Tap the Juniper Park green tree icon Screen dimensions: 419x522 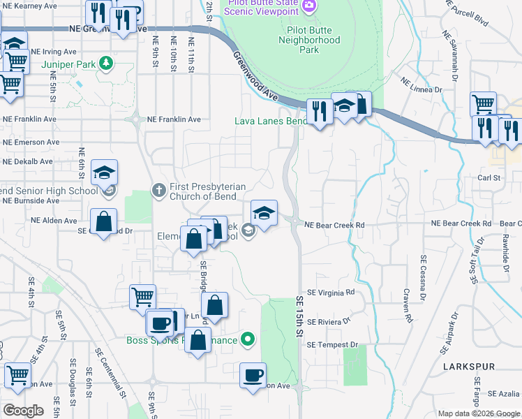pyautogui.click(x=105, y=64)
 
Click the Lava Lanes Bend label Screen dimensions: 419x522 pyautogui.click(x=270, y=121)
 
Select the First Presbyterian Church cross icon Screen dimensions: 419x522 pyautogui.click(x=159, y=189)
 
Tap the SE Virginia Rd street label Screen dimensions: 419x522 pyautogui.click(x=331, y=292)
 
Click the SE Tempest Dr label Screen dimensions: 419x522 pyautogui.click(x=331, y=345)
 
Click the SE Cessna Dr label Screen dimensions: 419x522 pyautogui.click(x=424, y=279)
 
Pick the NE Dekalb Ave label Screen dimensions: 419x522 pyautogui.click(x=27, y=161)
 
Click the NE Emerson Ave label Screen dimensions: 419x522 pyautogui.click(x=29, y=142)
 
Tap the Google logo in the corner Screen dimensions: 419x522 pyautogui.click(x=22, y=411)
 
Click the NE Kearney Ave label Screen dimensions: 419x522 pyautogui.click(x=29, y=6)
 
